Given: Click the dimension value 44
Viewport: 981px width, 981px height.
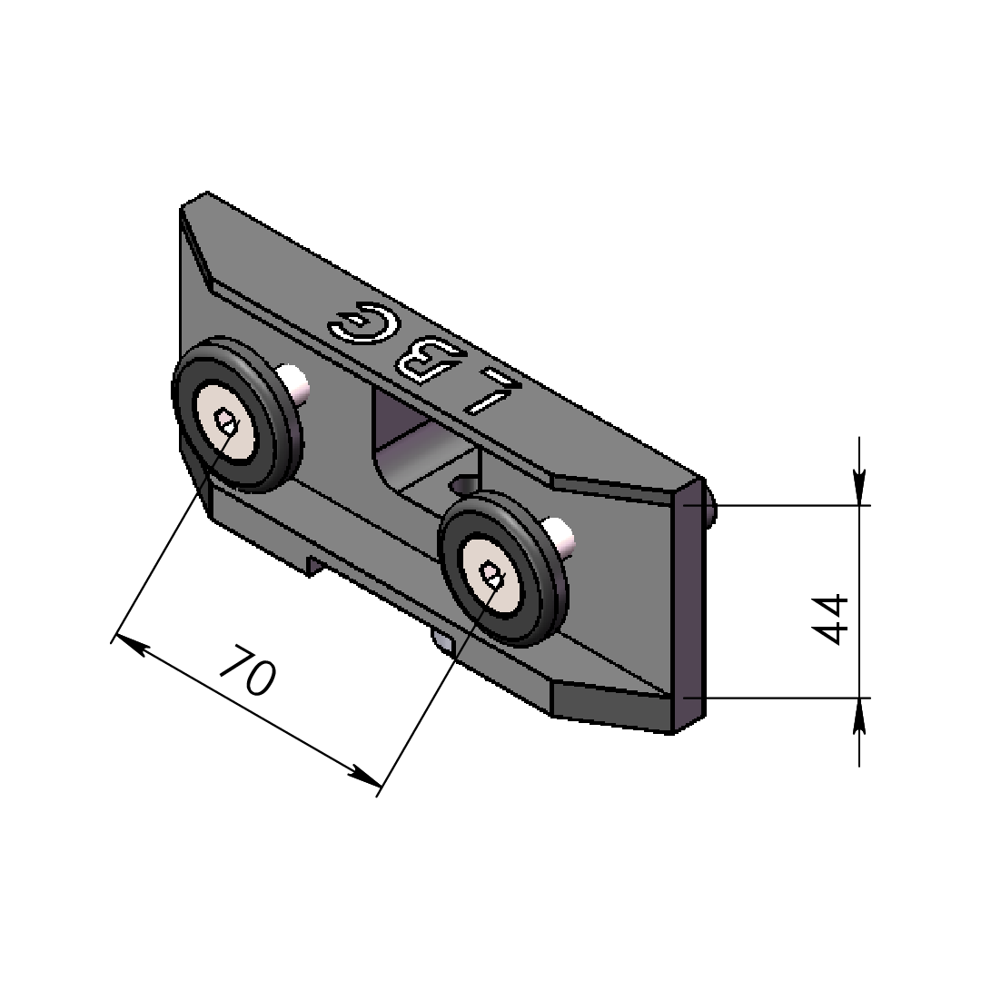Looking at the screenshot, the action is [x=833, y=619].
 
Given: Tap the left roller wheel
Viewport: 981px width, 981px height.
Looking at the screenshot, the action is [x=236, y=417].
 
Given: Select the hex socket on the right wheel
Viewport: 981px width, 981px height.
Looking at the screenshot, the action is [x=491, y=576].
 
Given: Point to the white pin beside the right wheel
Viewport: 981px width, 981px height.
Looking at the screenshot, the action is [x=559, y=536].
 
